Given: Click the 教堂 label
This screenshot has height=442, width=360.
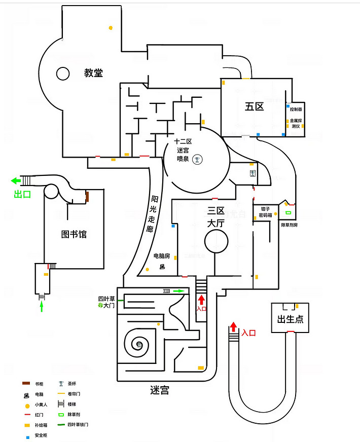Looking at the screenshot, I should (x=93, y=73).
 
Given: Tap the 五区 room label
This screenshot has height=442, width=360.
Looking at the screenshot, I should (x=254, y=106).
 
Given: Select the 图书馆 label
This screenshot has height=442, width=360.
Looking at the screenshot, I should (x=74, y=234).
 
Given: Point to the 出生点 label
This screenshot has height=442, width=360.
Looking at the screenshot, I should (x=290, y=319).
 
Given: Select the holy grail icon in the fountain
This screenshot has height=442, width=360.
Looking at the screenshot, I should (x=198, y=160).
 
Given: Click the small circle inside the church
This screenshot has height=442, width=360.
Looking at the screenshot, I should (x=63, y=74).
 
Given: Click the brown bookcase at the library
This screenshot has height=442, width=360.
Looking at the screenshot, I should (x=87, y=196).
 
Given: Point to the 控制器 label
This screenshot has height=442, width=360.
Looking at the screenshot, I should (x=296, y=109).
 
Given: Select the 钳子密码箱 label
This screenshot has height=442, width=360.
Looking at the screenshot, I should (x=269, y=211).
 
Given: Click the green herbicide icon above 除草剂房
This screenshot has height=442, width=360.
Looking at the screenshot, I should (x=288, y=212).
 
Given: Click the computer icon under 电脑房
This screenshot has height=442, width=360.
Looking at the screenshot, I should (x=163, y=267).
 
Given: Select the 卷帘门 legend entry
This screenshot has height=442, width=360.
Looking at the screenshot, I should (x=75, y=393).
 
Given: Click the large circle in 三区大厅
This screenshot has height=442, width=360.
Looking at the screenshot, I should (x=216, y=241).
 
